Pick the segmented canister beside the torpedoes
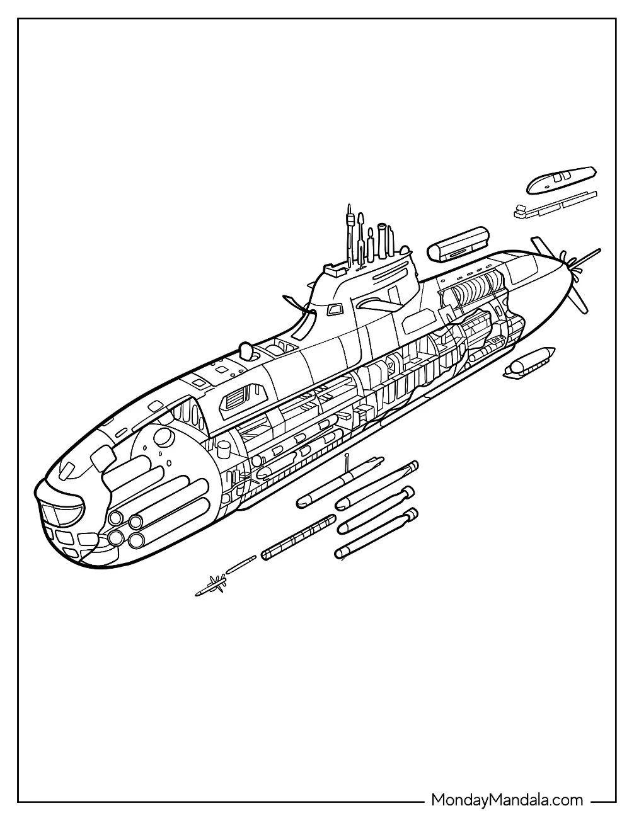298,536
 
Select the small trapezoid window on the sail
333,309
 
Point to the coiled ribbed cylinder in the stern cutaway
471,290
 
